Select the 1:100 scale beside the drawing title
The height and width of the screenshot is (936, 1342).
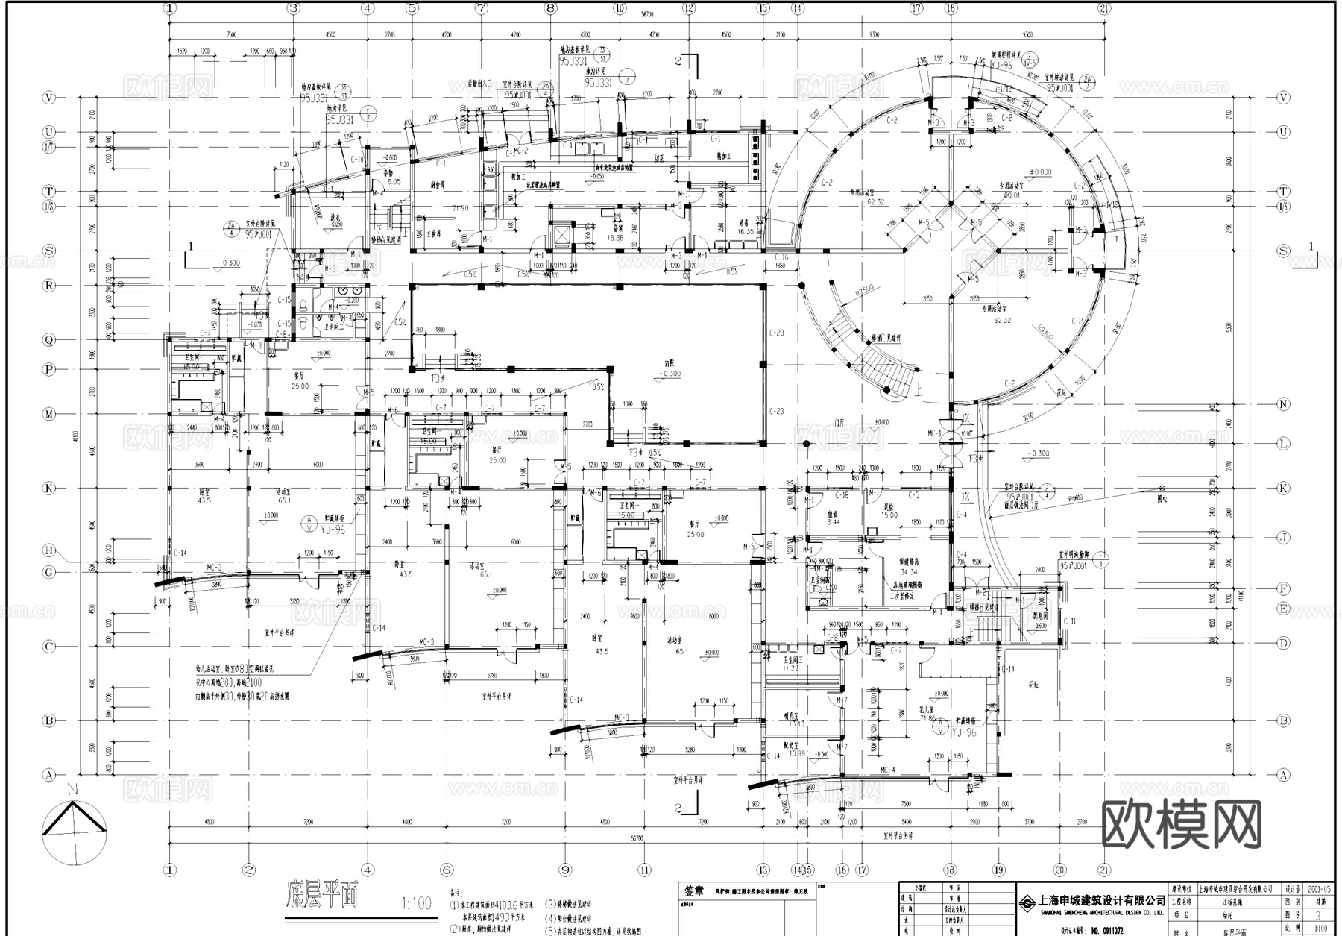[416, 903]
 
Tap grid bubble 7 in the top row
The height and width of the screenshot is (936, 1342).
[482, 9]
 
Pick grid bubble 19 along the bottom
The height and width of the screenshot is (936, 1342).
[999, 870]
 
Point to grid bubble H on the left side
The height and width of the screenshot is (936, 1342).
[49, 550]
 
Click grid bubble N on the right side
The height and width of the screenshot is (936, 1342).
[1283, 404]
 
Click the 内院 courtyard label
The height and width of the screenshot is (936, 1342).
[672, 363]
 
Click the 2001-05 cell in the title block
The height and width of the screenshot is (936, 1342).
[1318, 890]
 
